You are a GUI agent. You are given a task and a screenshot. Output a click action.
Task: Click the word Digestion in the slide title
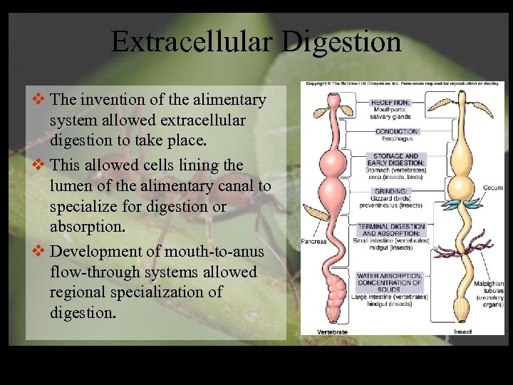(x=342, y=41)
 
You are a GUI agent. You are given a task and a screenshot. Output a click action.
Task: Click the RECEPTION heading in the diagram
(x=390, y=103)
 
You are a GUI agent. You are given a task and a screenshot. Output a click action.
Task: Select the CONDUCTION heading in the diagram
(x=398, y=132)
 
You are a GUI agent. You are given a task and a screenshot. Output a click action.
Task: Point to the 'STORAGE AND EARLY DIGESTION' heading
(x=395, y=160)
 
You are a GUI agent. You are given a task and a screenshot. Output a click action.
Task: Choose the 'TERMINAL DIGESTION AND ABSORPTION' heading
(x=393, y=230)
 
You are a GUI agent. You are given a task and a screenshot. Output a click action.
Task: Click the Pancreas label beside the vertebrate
(x=313, y=242)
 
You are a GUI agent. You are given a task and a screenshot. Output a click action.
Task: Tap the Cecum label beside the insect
(x=493, y=188)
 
